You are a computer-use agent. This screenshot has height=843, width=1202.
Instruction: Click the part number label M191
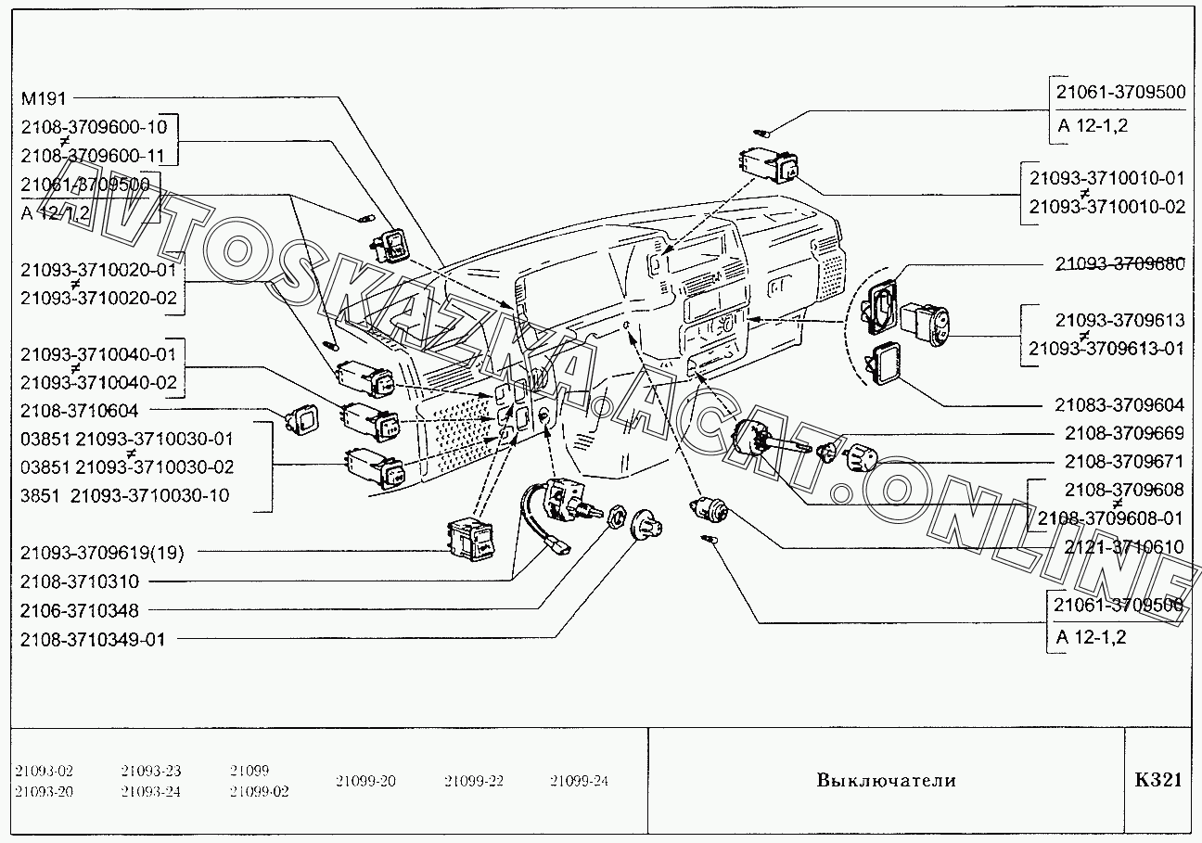[x=45, y=98]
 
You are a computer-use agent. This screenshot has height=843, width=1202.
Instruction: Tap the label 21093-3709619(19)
[x=102, y=554]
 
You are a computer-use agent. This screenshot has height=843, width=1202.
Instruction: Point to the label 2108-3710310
[x=79, y=582]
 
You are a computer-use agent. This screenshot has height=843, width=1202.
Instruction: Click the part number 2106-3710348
[x=79, y=611]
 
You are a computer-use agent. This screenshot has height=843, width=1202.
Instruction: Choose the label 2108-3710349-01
[x=92, y=639]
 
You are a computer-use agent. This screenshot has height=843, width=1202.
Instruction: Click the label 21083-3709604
[x=1119, y=405]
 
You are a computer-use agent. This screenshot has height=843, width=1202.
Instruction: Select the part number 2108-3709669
[x=1124, y=433]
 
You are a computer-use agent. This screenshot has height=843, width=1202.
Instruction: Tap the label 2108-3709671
[x=1124, y=461]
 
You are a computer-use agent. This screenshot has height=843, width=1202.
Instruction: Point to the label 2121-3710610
[x=1124, y=547]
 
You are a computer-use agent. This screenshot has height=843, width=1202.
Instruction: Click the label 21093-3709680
[x=1119, y=263]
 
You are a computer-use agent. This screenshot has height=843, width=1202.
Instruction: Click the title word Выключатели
[x=886, y=780]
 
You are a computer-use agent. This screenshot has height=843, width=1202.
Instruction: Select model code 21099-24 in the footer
[x=579, y=781]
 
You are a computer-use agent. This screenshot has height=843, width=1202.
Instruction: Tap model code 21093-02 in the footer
[x=44, y=771]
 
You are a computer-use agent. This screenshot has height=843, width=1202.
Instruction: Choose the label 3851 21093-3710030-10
[x=124, y=495]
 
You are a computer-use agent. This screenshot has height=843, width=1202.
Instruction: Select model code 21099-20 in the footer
[x=365, y=781]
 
